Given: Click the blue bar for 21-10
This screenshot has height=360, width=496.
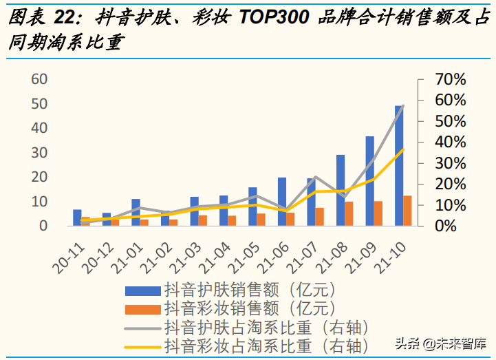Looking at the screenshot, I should (x=399, y=165).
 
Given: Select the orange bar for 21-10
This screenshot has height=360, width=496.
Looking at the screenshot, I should (x=407, y=211).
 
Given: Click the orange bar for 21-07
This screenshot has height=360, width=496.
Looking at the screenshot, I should (x=320, y=217).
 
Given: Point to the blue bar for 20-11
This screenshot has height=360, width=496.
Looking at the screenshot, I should (x=77, y=218).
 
